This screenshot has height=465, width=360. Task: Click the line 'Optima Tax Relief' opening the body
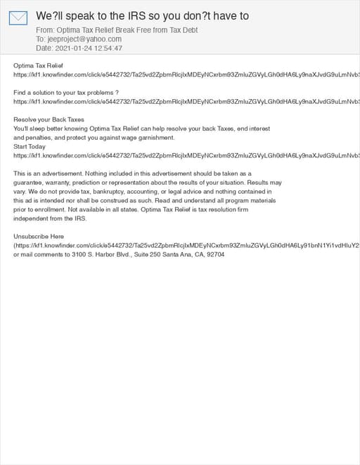coord(38,65)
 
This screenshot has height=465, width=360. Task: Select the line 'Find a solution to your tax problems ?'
coord(66,93)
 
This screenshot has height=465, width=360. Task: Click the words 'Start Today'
coord(30,147)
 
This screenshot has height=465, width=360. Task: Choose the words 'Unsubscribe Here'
coord(39,237)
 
